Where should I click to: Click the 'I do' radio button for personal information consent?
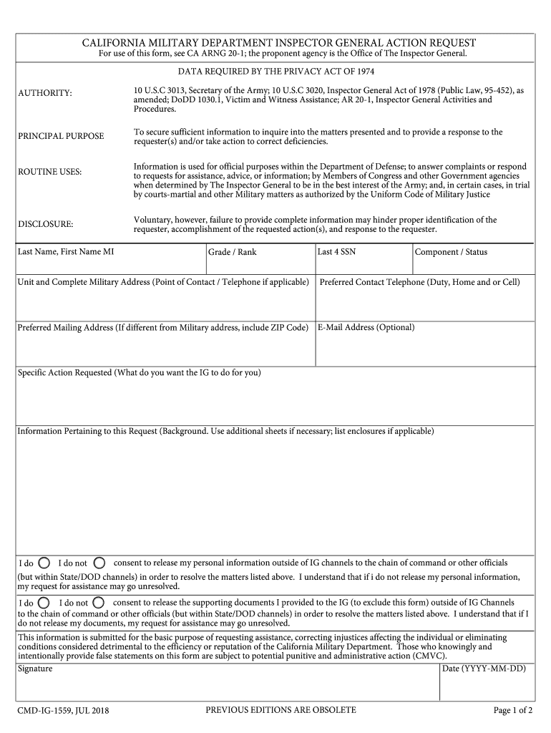[x=44, y=563]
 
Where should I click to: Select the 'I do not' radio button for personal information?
[x=99, y=563]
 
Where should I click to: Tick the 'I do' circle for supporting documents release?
[x=44, y=602]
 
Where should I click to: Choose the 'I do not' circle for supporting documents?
[x=99, y=602]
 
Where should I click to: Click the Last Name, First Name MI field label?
[x=65, y=252]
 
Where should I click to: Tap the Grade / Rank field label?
[x=232, y=252]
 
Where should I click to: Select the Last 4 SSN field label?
[x=336, y=252]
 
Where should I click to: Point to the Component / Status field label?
[x=451, y=252]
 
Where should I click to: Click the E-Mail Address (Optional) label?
[x=366, y=327]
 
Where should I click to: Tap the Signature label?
[x=35, y=669]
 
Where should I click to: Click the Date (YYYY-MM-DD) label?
[x=484, y=669]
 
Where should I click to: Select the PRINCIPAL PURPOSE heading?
[x=61, y=136]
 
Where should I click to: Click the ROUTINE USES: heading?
[x=50, y=173]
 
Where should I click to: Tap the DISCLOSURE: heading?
[x=46, y=224]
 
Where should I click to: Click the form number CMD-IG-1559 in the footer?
[x=62, y=711]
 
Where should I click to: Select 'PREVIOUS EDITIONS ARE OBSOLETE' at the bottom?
[x=281, y=710]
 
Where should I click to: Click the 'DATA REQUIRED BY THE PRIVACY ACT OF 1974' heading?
[x=276, y=72]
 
